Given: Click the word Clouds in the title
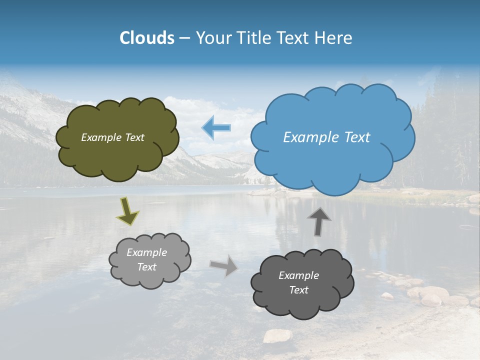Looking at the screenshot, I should pos(147,38).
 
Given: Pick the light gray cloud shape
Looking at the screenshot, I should pos(150,277).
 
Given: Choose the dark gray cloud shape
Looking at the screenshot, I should pos(300,305).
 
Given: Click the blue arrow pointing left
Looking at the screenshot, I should pos(216,128).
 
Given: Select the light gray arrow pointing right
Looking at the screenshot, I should pos(224,265).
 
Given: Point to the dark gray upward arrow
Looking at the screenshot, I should pos(319,221).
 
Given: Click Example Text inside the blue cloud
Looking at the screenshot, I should pos(326,137).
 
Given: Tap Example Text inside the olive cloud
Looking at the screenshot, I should pos(112,137).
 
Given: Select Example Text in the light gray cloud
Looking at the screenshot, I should pos(147,259).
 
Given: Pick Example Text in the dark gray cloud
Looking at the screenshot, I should pos(298,282).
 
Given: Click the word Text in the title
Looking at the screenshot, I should pos(295,38).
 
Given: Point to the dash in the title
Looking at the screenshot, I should pos(184,38).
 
